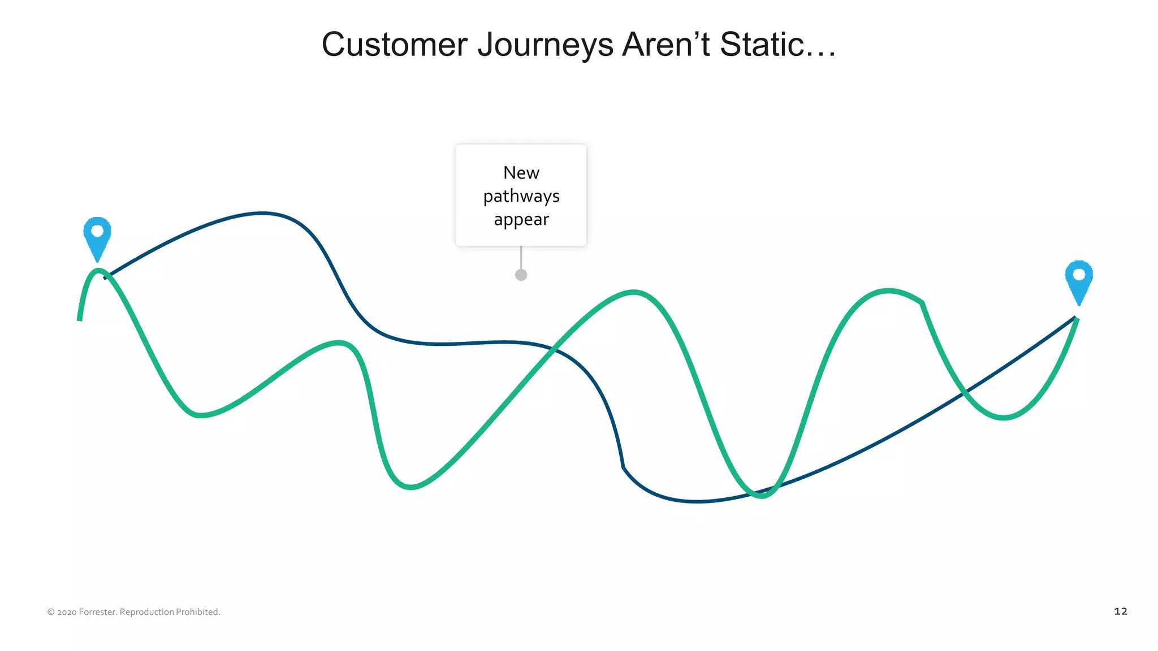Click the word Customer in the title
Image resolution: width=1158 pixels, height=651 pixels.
coord(394,45)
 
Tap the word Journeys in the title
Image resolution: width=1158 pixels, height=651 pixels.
coord(545,45)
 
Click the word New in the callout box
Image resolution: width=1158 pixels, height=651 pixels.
coord(521,173)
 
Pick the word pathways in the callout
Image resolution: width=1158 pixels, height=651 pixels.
coord(521,196)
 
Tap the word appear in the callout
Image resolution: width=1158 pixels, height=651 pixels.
coord(521,220)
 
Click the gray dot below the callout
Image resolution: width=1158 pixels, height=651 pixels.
coord(521,275)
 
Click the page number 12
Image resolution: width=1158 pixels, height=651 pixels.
coord(1120,611)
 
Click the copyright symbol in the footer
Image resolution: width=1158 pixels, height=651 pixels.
coord(51,612)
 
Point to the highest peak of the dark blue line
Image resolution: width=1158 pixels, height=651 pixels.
coord(262,214)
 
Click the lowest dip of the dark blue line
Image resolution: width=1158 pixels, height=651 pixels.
coord(697,501)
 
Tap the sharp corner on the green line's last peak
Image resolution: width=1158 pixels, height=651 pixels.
coord(922,303)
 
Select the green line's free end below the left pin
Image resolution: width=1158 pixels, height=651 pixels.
coord(80,319)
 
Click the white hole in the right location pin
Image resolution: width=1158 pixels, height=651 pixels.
coord(1078,275)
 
